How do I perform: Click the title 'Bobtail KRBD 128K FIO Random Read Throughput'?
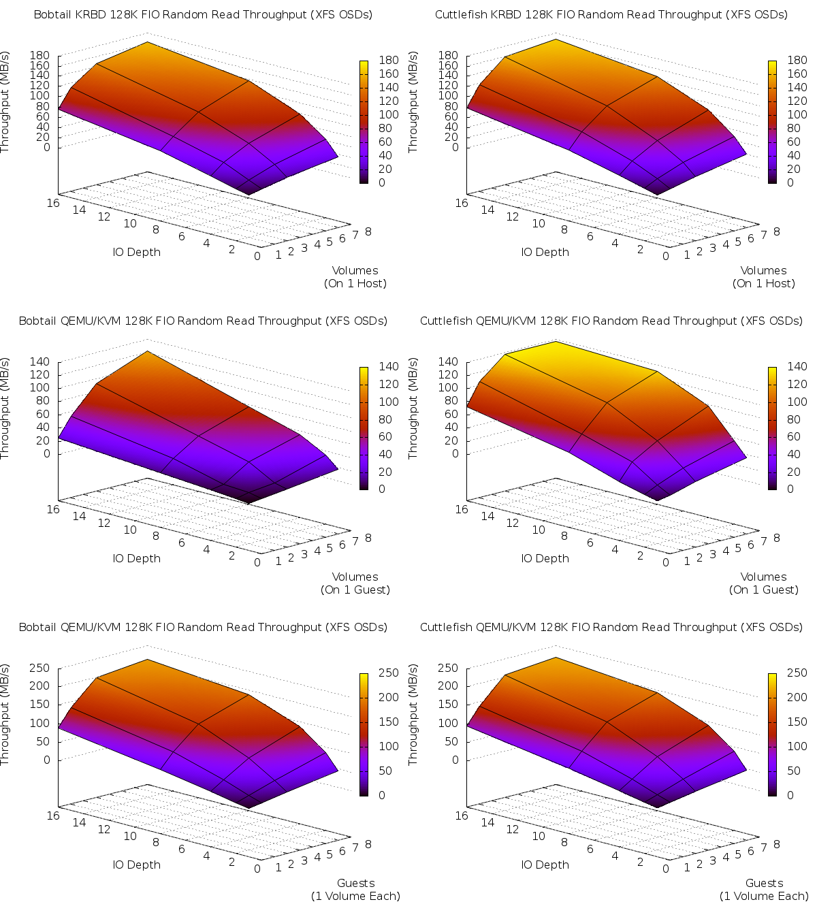(203, 14)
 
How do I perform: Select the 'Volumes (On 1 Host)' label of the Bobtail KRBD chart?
(355, 277)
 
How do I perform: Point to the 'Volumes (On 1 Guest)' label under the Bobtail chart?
(355, 583)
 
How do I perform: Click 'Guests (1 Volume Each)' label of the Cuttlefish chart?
(764, 890)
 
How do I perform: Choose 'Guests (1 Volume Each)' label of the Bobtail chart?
(355, 890)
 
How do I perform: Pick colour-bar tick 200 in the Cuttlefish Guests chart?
(797, 697)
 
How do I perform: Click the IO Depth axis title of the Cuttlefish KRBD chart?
(545, 252)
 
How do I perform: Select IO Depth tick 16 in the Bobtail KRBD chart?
(53, 202)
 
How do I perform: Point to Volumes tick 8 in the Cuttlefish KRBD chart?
(777, 231)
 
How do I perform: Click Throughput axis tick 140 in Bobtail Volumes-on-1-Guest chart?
(39, 361)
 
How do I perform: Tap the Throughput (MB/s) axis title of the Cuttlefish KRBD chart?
(413, 102)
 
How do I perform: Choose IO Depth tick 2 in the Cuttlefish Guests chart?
(641, 862)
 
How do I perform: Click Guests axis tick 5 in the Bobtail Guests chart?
(330, 854)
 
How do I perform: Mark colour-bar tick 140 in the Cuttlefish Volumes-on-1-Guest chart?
(797, 366)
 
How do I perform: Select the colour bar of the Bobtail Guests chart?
(364, 734)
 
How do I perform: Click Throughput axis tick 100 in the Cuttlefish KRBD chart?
(448, 95)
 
